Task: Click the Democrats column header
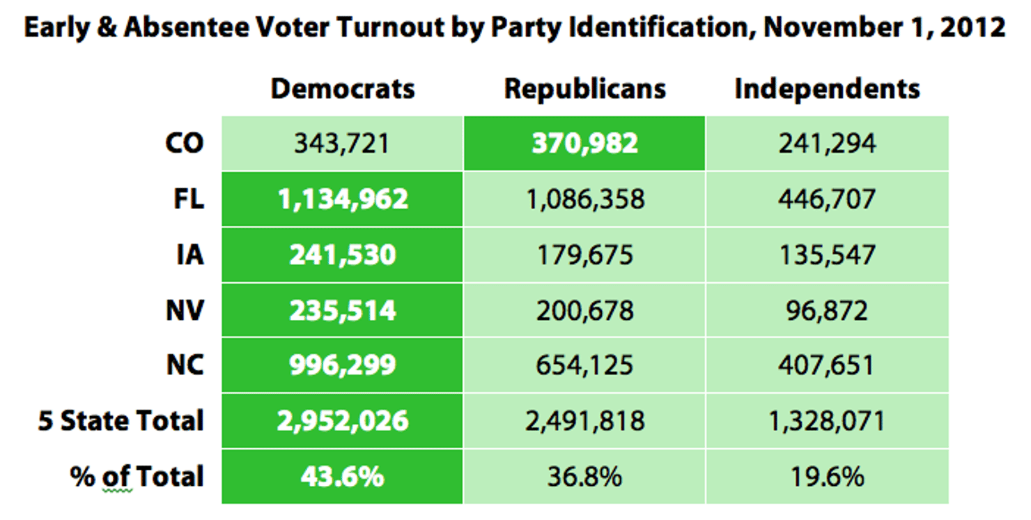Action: (342, 89)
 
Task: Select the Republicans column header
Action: (584, 89)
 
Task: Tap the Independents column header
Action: (827, 89)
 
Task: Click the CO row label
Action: (184, 144)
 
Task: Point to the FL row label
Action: (188, 199)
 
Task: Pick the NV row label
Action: (185, 310)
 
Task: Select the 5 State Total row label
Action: (121, 421)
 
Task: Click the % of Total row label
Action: (137, 477)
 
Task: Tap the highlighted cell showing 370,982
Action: (584, 144)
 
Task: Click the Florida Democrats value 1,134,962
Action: (342, 199)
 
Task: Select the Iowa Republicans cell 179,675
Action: (584, 255)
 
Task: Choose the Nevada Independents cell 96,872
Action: (827, 310)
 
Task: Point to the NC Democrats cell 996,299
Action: (342, 365)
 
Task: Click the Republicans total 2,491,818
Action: (584, 421)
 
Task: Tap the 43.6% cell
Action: (342, 477)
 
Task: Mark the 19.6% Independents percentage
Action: (827, 477)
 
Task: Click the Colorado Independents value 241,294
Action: (827, 144)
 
